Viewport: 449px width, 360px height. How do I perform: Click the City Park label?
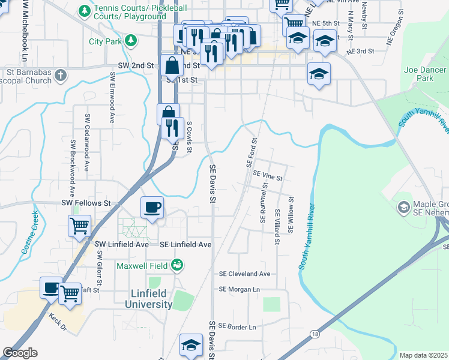click(x=105, y=41)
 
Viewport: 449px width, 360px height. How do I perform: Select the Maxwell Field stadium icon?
click(x=176, y=265)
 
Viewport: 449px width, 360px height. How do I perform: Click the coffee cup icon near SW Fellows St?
click(x=152, y=208)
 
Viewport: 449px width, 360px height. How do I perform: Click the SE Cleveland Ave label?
click(x=245, y=274)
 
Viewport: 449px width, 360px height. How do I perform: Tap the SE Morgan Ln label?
click(x=239, y=289)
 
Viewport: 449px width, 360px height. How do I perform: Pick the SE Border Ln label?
click(x=237, y=326)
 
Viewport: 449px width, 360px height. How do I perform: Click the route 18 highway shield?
click(x=315, y=334)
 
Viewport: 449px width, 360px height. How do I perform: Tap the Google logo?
click(x=20, y=353)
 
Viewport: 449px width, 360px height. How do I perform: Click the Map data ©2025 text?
click(x=424, y=355)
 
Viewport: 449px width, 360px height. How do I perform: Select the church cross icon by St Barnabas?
click(x=59, y=75)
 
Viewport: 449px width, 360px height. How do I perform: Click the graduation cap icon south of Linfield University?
click(x=191, y=344)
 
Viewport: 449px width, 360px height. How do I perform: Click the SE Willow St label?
click(x=291, y=215)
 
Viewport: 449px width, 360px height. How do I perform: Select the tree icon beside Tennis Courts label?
click(x=85, y=11)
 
